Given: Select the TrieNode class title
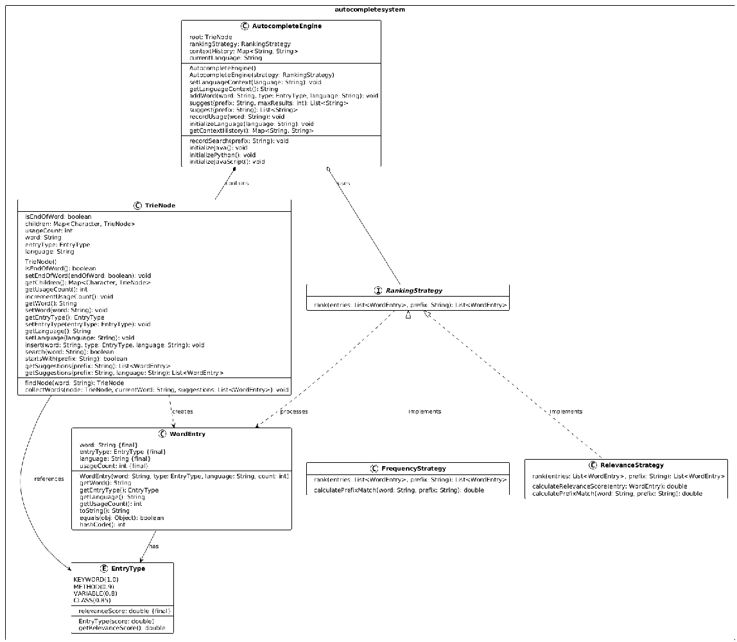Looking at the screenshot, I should pos(160,205).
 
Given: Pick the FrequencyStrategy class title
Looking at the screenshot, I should pos(413,469).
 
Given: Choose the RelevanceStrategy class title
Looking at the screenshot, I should pos(631,465).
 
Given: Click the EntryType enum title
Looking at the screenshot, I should pos(128,568).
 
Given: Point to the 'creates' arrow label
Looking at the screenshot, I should pos(182,412).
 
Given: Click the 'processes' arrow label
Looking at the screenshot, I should pos(293,412).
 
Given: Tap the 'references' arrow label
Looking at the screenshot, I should pos(49,479).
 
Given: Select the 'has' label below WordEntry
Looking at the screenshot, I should pos(153,546).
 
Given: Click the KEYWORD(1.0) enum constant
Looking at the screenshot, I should pos(96,579).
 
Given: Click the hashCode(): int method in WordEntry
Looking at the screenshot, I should pos(102,525).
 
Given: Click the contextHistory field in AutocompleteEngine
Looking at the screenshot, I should pos(243,51).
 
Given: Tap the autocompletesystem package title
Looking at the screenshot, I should pos(370,10).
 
